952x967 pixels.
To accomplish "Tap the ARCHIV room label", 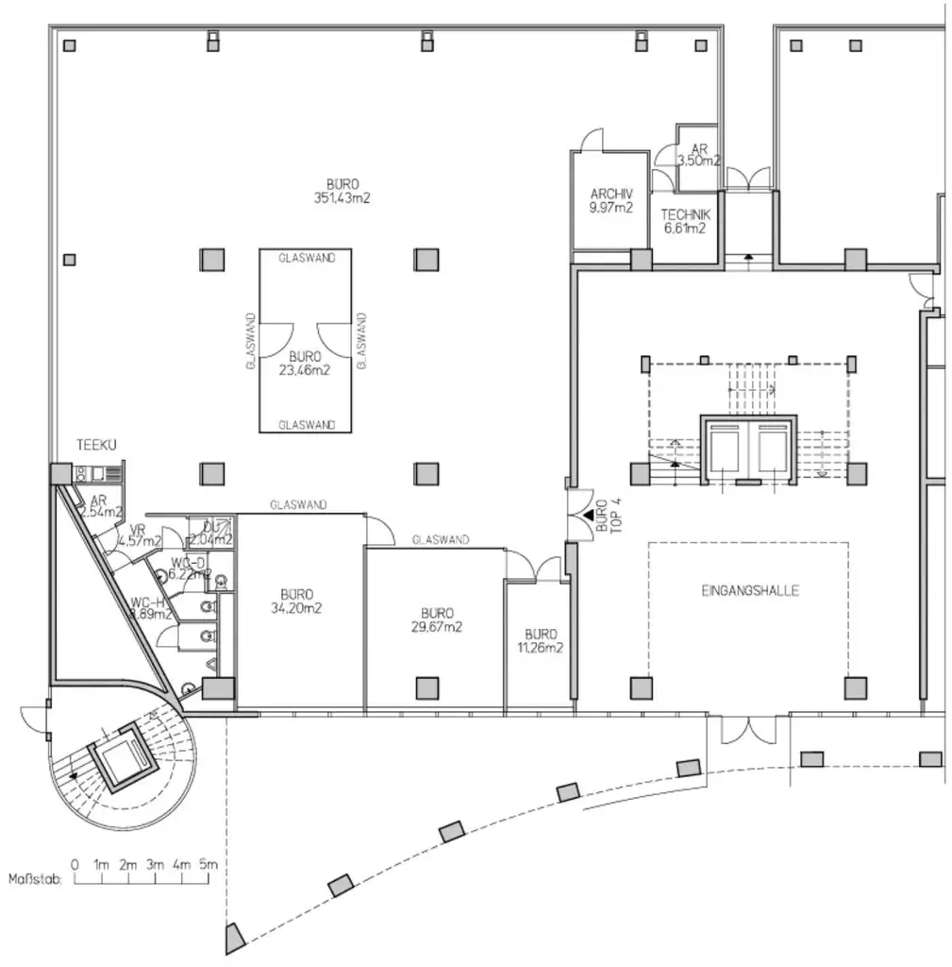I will pos(610,200).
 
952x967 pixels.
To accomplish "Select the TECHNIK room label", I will pos(685,221).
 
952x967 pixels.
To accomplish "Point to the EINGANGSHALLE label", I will pos(750,590).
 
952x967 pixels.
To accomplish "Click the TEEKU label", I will pos(97,445).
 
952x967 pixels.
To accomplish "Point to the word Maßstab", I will pos(35,880).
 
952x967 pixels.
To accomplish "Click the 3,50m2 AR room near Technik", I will pos(698,155).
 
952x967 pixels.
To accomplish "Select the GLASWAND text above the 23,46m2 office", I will pos(306,257).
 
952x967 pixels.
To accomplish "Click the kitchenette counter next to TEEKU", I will pos(98,474).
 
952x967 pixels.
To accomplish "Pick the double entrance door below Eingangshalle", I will pos(748,729).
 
